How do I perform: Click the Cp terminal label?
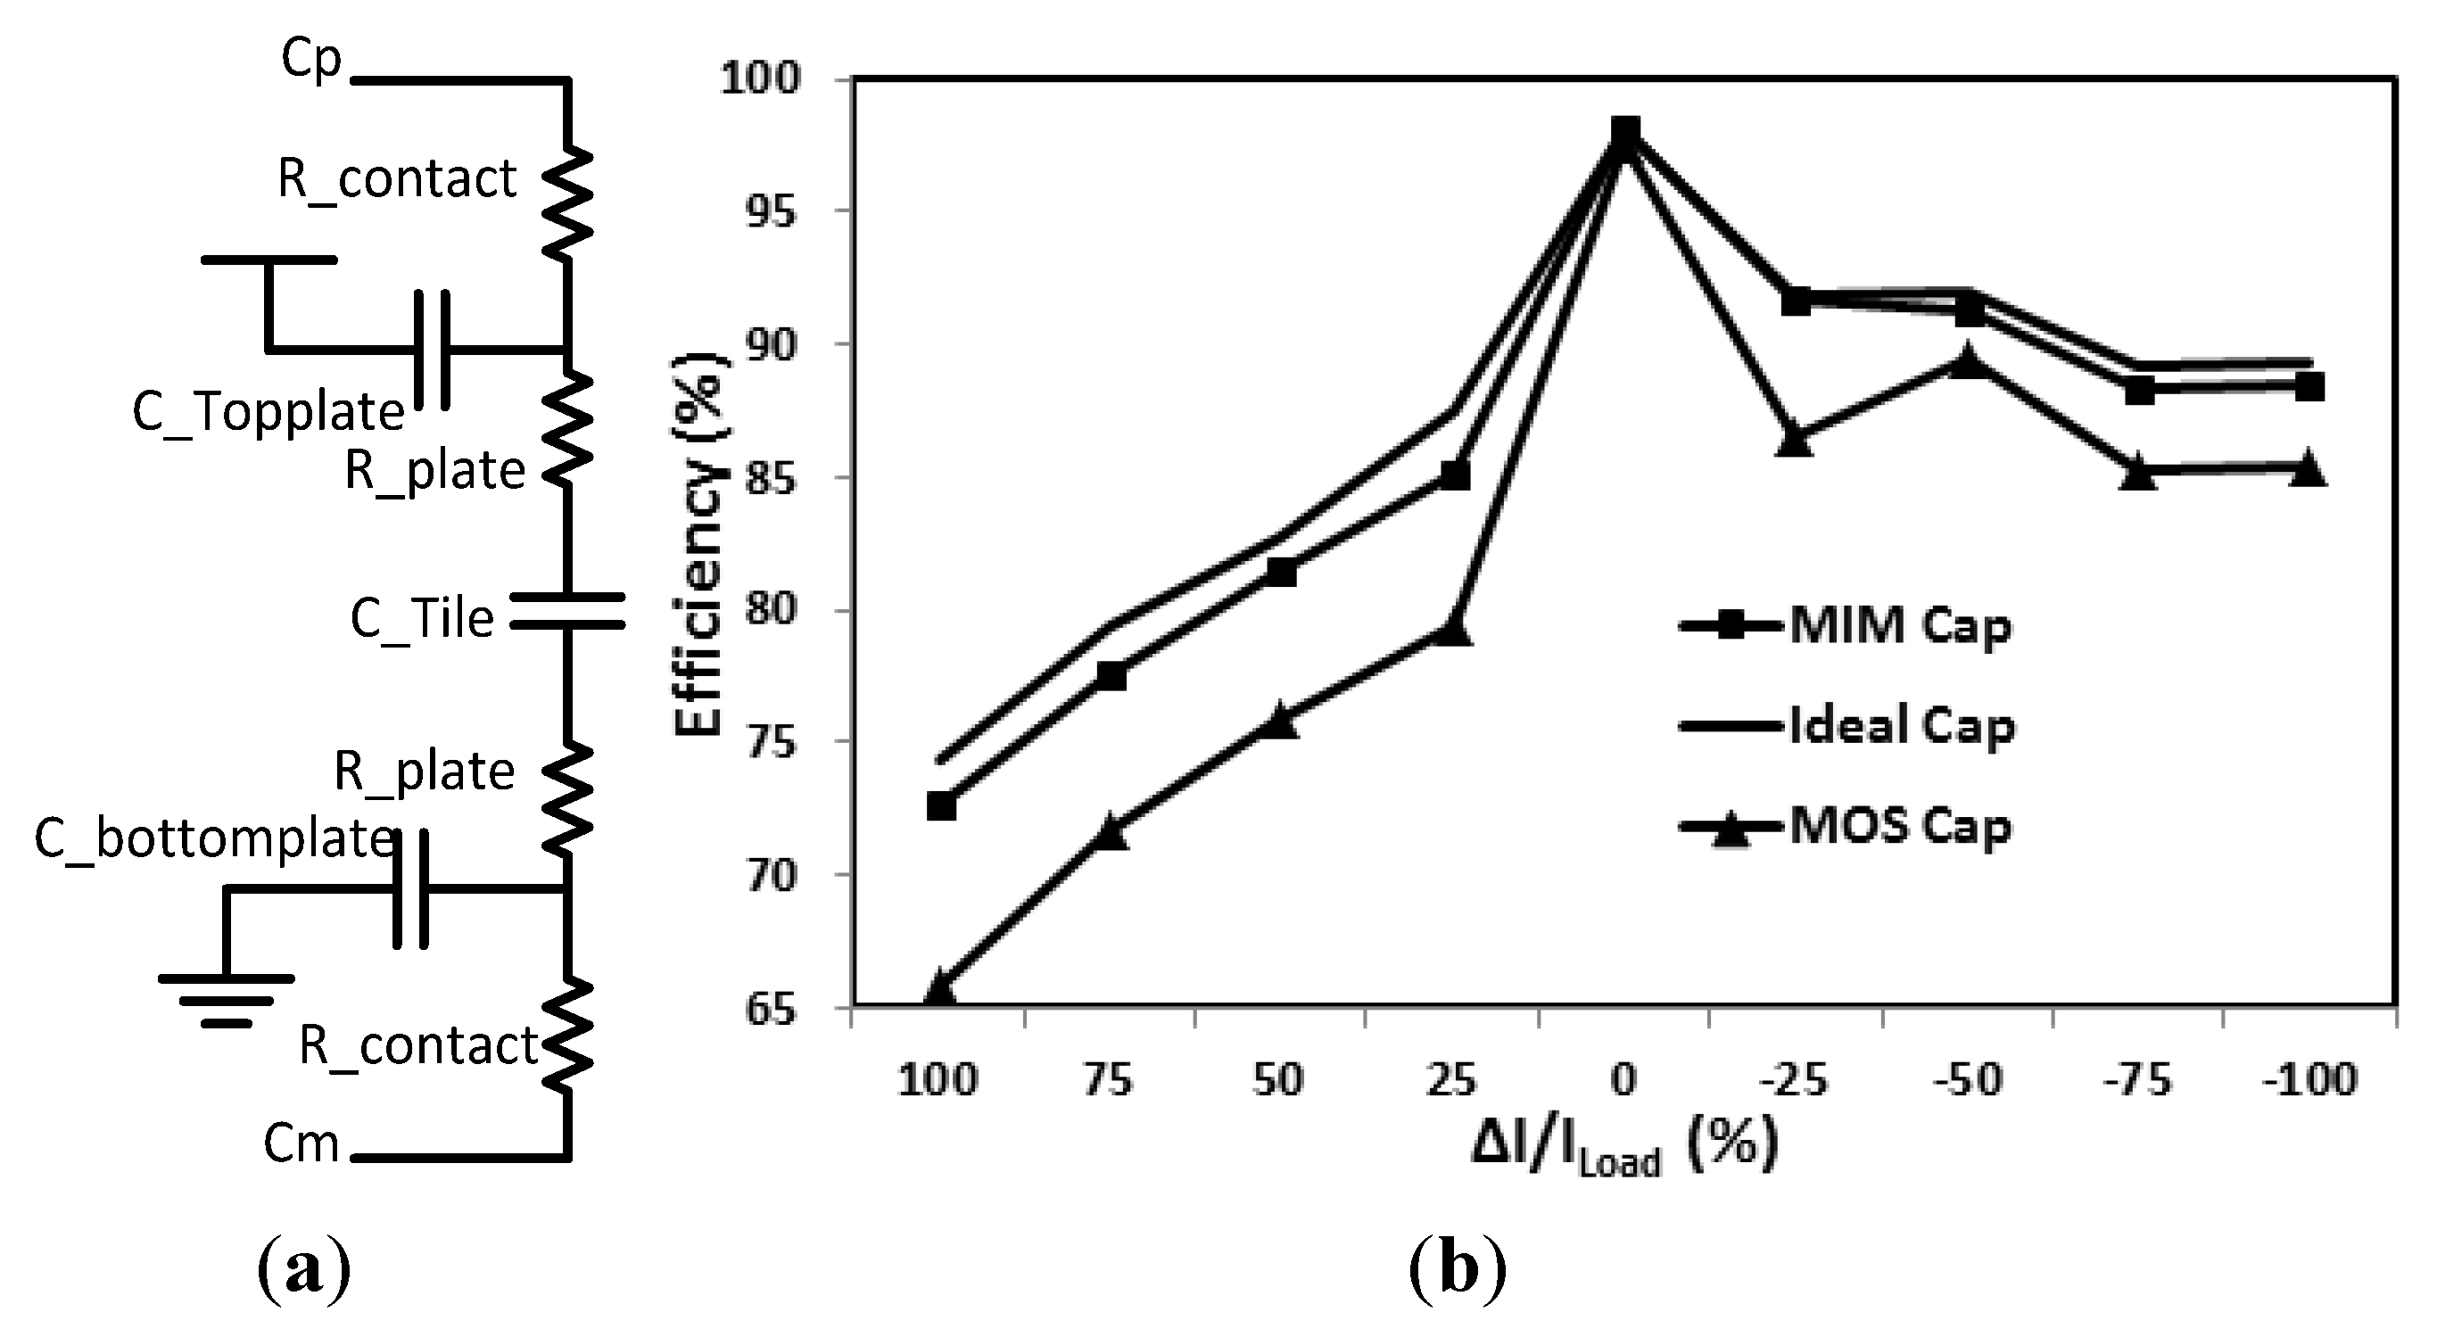[x=311, y=61]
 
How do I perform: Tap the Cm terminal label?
[x=301, y=1143]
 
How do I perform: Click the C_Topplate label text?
[x=268, y=411]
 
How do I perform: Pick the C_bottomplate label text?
[x=214, y=838]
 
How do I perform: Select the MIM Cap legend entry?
[x=1845, y=626]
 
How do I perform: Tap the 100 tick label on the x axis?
[x=938, y=1079]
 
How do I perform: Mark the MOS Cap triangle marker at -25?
[x=1795, y=441]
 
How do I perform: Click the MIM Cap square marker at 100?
[x=940, y=806]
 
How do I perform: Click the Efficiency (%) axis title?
[x=698, y=543]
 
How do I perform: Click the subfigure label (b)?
[x=1456, y=1271]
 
